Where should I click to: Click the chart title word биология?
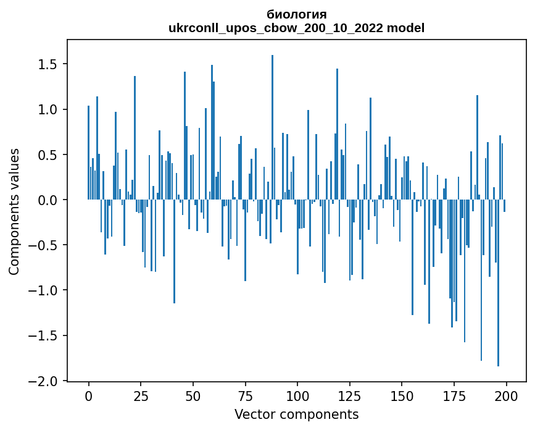[x=296, y=14]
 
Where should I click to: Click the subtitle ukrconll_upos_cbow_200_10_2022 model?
[x=296, y=28]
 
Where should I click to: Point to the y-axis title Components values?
[x=14, y=211]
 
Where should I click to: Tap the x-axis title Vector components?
[x=296, y=414]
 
